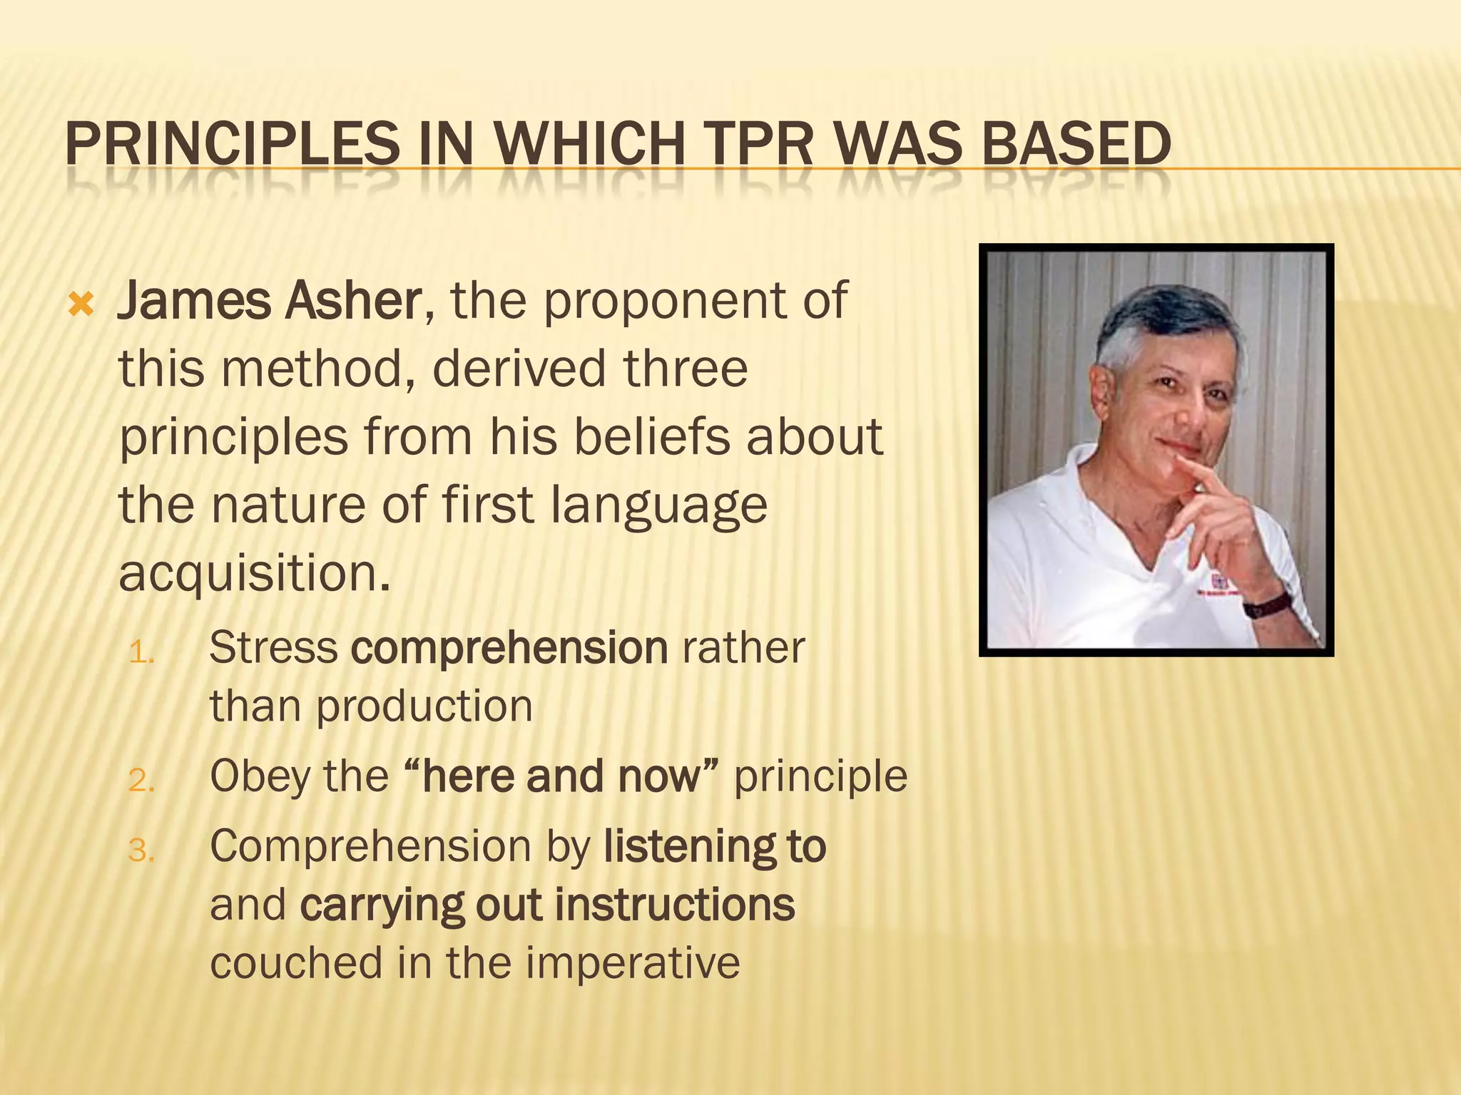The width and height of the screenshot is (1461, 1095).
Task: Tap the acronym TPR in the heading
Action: [x=760, y=144]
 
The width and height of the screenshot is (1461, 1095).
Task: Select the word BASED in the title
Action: [x=1076, y=144]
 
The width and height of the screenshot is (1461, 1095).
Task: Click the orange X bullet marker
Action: [x=81, y=306]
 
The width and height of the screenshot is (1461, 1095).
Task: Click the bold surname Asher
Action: [x=354, y=301]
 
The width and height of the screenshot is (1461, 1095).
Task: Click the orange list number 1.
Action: [x=141, y=652]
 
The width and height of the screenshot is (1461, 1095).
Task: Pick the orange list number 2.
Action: [x=141, y=781]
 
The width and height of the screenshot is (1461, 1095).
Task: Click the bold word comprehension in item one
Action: [x=509, y=649]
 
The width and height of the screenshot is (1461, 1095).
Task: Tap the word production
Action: [x=424, y=707]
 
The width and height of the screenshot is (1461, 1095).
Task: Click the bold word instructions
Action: [x=675, y=905]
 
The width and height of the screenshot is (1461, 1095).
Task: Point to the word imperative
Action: [x=633, y=963]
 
